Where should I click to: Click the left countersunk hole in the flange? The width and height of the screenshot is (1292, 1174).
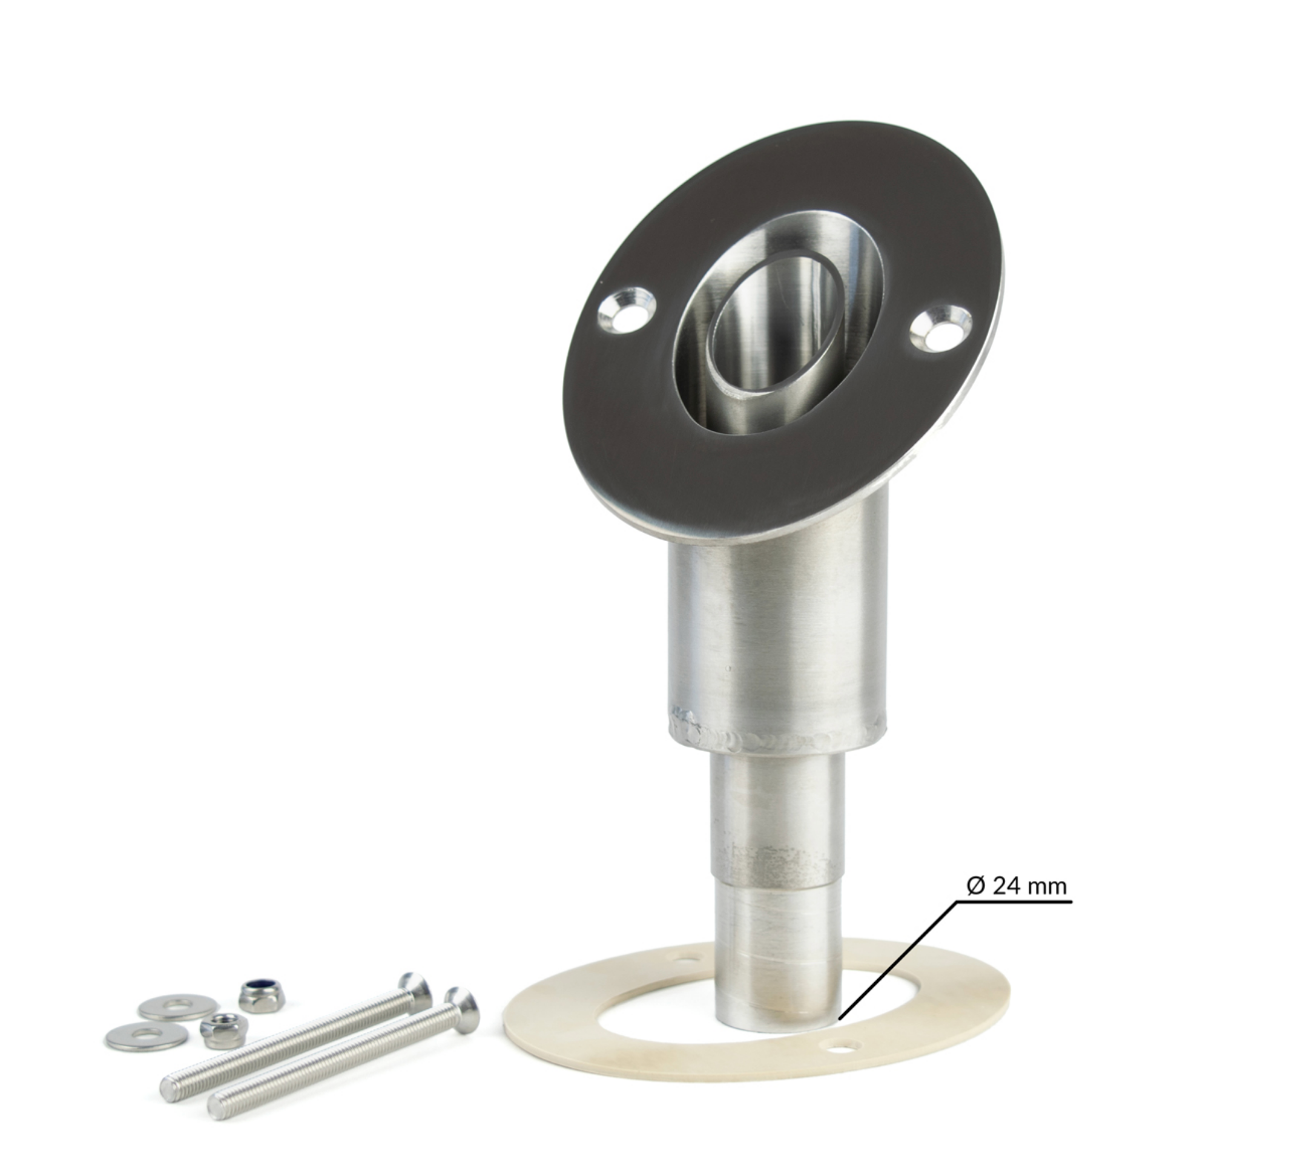[627, 312]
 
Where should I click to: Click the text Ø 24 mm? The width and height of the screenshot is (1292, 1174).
[1017, 886]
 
